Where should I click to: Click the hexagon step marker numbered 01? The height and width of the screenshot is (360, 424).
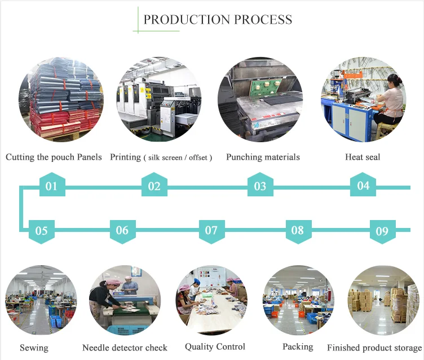(52, 186)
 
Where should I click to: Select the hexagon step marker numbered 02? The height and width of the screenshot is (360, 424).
(154, 186)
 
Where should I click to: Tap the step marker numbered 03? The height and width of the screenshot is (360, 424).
(260, 186)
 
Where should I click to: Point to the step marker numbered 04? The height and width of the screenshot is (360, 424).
(363, 186)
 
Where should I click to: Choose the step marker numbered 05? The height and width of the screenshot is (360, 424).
(42, 230)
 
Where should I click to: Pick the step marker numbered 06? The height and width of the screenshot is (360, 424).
(122, 230)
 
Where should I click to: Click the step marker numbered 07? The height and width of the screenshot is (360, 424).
(211, 230)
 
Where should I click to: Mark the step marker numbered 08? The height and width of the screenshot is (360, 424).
(298, 230)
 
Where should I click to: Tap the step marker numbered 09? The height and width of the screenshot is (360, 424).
(382, 230)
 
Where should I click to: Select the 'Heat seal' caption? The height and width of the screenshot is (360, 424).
(363, 157)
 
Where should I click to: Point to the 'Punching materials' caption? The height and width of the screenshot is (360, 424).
(263, 157)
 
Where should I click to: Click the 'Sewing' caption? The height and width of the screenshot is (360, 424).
(34, 348)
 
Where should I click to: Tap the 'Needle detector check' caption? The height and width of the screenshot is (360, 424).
(125, 348)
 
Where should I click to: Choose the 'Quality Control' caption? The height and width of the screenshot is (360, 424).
(215, 346)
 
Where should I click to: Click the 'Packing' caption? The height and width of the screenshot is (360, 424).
(298, 346)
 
